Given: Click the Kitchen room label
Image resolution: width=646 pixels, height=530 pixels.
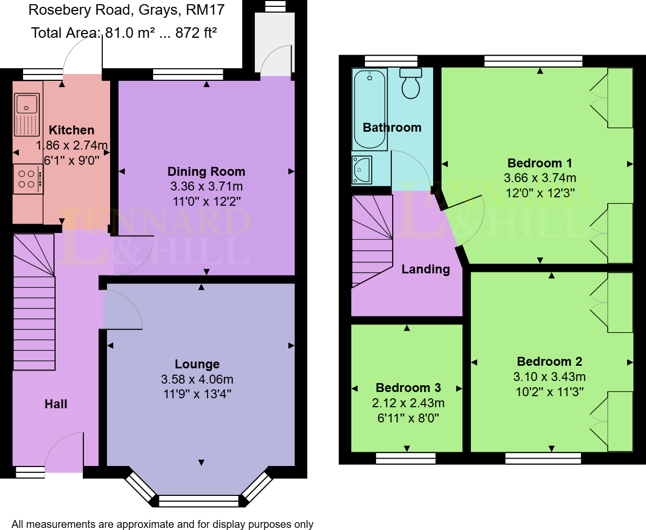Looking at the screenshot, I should point(71,130).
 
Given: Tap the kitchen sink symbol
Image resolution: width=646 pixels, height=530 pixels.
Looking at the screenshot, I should point(26,114).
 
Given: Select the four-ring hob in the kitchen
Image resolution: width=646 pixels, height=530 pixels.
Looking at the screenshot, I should point(27,179).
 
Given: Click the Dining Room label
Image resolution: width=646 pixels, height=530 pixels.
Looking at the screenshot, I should point(206,172).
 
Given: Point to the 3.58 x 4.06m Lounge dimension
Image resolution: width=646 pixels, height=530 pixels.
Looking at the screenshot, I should point(197,379).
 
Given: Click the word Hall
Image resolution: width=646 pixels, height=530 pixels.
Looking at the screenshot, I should point(56,404).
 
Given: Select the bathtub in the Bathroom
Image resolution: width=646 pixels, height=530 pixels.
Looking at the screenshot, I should point(370,109).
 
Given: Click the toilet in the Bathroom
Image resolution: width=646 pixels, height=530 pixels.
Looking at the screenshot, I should point(411,84).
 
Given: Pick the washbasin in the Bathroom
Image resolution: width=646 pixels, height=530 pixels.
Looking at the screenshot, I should point(362,169).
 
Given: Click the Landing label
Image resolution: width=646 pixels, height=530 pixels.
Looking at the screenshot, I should point(425,269).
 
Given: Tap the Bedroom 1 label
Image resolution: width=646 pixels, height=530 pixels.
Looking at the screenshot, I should point(540,163).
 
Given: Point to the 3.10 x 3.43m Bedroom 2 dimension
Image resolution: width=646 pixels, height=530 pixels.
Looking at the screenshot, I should point(549,377).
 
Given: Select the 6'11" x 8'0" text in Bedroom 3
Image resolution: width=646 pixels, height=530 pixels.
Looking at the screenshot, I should point(408,418).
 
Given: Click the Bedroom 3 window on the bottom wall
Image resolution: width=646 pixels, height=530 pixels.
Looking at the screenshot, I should point(406,459).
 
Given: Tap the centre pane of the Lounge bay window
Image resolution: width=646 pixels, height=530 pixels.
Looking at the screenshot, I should point(198,501).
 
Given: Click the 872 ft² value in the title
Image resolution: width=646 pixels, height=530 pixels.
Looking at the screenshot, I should point(196,33).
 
